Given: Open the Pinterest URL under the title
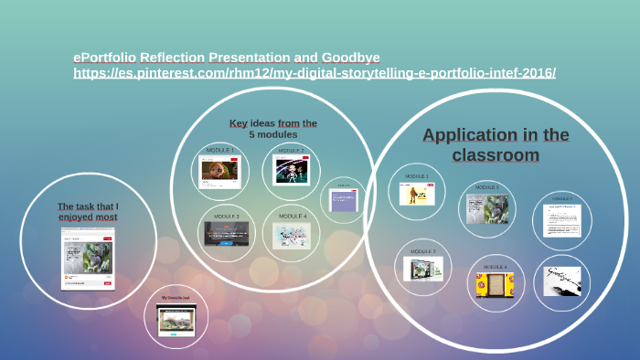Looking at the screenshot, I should [x=315, y=72].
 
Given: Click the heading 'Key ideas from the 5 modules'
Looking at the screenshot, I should [x=273, y=129].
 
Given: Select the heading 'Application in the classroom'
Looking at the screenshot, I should [x=496, y=145].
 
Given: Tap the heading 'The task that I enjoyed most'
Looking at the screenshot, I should [x=88, y=212].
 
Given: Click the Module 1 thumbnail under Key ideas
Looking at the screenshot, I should [x=219, y=171].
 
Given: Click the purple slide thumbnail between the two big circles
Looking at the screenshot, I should [x=343, y=201].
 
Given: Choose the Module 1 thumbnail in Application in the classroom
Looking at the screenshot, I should [x=417, y=195].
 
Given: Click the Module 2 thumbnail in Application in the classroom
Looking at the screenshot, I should [x=423, y=269].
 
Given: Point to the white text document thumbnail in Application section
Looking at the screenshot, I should [x=562, y=220].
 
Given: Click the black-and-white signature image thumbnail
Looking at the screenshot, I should [x=562, y=281].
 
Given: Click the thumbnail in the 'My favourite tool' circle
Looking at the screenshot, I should [x=176, y=321].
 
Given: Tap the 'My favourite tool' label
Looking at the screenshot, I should [x=176, y=298].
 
